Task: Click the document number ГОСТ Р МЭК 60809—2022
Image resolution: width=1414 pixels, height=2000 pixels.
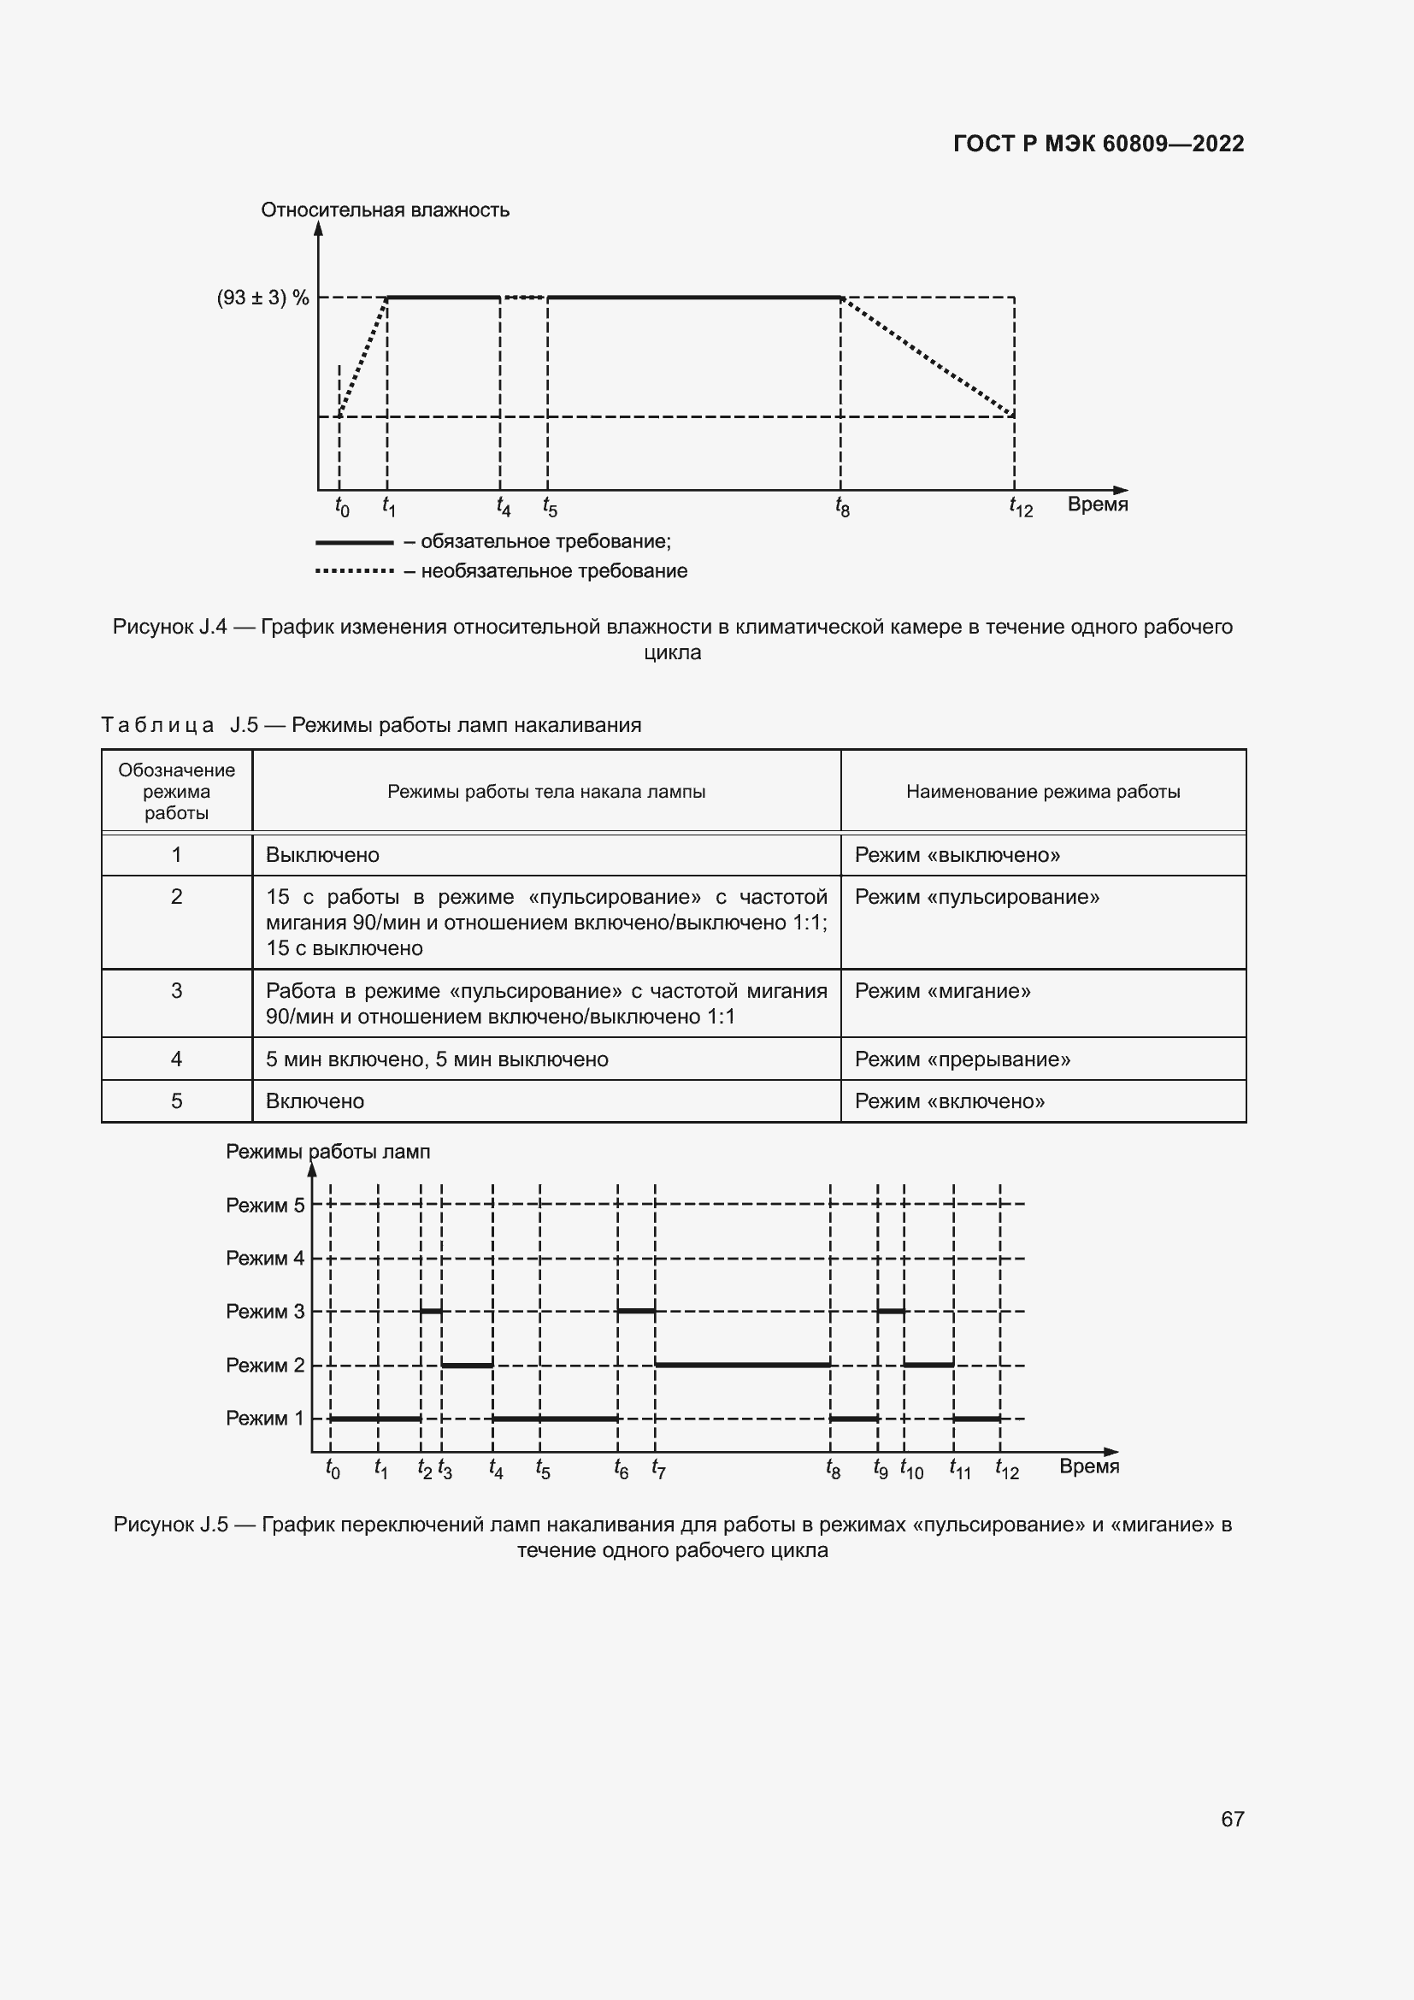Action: click(1098, 144)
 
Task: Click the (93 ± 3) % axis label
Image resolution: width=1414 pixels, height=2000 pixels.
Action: click(263, 298)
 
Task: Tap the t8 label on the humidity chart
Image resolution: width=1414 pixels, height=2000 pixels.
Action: click(842, 506)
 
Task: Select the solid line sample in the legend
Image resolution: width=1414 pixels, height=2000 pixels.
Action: click(355, 543)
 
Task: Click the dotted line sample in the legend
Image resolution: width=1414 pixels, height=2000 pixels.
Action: click(355, 571)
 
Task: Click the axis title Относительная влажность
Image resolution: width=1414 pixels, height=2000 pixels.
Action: click(385, 210)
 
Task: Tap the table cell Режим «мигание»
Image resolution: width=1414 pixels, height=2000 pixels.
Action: click(942, 991)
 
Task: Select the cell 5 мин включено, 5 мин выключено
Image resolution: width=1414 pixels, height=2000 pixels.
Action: click(437, 1059)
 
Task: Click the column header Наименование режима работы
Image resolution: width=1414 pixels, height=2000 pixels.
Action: click(1043, 792)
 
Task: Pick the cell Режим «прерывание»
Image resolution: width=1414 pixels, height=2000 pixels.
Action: click(962, 1059)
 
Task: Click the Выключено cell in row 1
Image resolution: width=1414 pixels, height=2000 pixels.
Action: click(322, 854)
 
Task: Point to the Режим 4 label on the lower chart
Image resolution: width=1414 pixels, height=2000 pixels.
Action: click(265, 1258)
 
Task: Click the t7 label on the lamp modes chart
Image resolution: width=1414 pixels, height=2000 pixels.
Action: click(658, 1470)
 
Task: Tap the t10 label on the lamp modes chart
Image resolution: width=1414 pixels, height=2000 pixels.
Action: click(911, 1470)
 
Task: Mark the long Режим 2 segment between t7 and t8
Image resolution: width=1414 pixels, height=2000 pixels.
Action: click(742, 1364)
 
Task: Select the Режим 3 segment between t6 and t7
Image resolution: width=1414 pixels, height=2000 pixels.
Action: click(635, 1310)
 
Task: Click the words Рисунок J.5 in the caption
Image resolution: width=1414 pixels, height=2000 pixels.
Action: click(171, 1525)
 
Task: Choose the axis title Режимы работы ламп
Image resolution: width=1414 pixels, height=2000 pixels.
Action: click(327, 1152)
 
